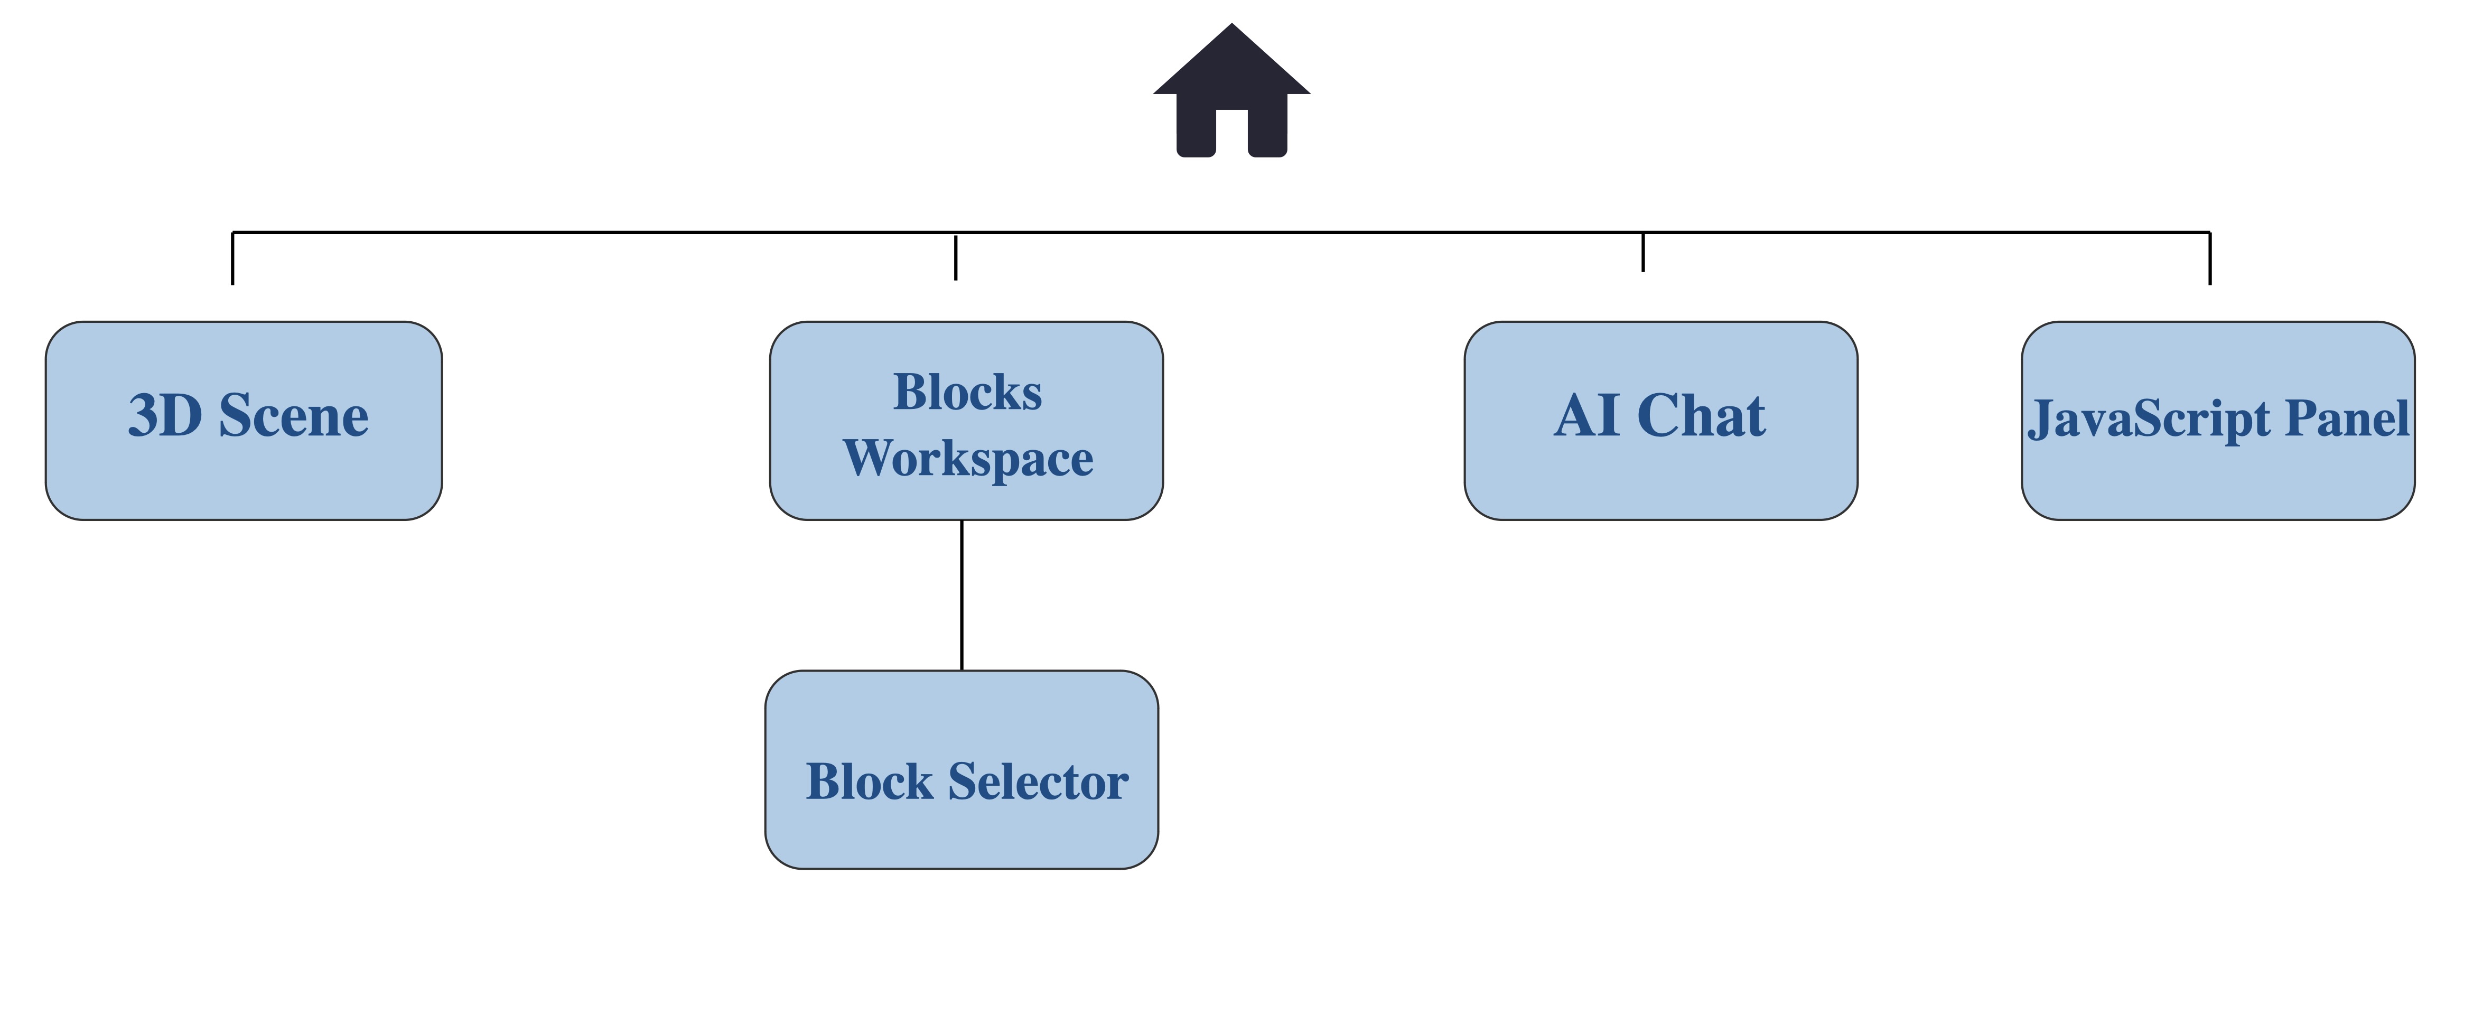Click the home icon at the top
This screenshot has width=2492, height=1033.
pyautogui.click(x=1231, y=90)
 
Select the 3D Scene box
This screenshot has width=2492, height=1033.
pyautogui.click(x=244, y=421)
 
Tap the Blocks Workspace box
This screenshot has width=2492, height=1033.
pyautogui.click(x=966, y=421)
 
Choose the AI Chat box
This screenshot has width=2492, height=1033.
pyautogui.click(x=1661, y=421)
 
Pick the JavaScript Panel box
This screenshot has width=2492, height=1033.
pyautogui.click(x=2218, y=421)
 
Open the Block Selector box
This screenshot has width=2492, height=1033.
pyautogui.click(x=962, y=770)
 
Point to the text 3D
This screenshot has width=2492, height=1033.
pyautogui.click(x=164, y=416)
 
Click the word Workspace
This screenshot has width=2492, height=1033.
pyautogui.click(x=968, y=459)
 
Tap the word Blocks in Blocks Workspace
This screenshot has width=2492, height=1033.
pyautogui.click(x=967, y=393)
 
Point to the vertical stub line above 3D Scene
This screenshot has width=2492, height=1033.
pyautogui.click(x=232, y=258)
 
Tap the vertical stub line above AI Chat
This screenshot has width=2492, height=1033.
pyautogui.click(x=1642, y=252)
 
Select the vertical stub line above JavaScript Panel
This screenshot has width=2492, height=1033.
pyautogui.click(x=2209, y=258)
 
